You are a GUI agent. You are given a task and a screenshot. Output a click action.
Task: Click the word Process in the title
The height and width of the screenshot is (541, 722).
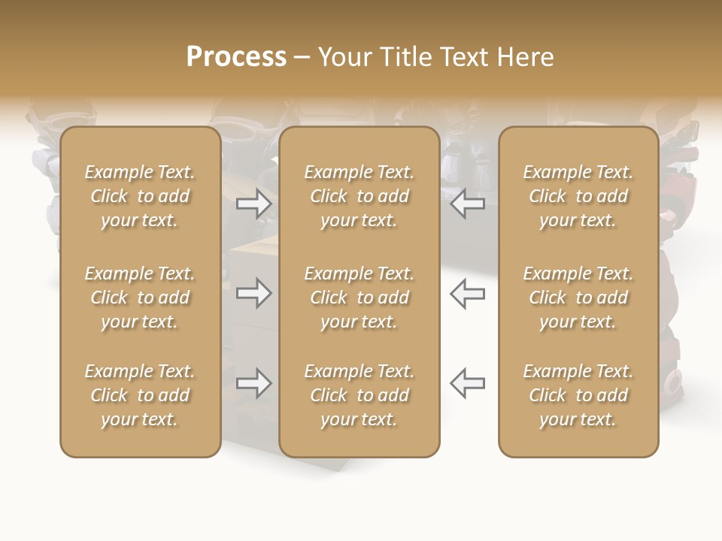236,57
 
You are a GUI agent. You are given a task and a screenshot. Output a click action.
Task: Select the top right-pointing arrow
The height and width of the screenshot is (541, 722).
253,203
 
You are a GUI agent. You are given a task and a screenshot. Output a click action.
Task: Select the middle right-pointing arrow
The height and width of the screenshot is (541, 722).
253,293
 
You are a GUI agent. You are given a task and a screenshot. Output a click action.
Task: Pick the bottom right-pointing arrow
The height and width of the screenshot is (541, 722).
253,383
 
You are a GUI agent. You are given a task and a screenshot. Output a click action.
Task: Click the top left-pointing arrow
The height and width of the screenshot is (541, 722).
467,203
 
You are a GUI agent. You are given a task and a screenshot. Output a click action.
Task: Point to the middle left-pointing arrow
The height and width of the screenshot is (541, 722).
467,293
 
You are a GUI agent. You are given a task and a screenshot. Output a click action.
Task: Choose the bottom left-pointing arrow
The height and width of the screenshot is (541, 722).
467,383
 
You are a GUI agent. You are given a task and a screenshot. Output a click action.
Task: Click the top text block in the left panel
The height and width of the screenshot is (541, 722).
140,196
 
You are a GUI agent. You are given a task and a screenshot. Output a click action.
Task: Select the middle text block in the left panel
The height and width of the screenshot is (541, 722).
140,298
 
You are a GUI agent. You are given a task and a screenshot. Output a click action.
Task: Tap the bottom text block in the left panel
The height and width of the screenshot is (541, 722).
140,395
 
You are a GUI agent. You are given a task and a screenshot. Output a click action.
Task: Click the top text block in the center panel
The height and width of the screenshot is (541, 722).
359,196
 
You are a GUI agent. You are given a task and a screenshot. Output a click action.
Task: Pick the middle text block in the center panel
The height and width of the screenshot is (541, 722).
359,298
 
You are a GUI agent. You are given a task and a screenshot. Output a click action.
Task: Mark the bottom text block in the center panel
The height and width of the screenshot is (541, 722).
359,395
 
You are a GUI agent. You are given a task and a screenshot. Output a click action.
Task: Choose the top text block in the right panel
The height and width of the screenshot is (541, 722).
578,196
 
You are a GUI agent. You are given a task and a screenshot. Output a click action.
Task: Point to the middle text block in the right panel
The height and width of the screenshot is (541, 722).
578,298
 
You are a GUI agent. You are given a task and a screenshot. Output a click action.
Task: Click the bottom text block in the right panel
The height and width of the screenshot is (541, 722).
578,395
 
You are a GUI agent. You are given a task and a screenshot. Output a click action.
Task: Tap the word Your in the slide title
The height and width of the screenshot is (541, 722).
344,57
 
